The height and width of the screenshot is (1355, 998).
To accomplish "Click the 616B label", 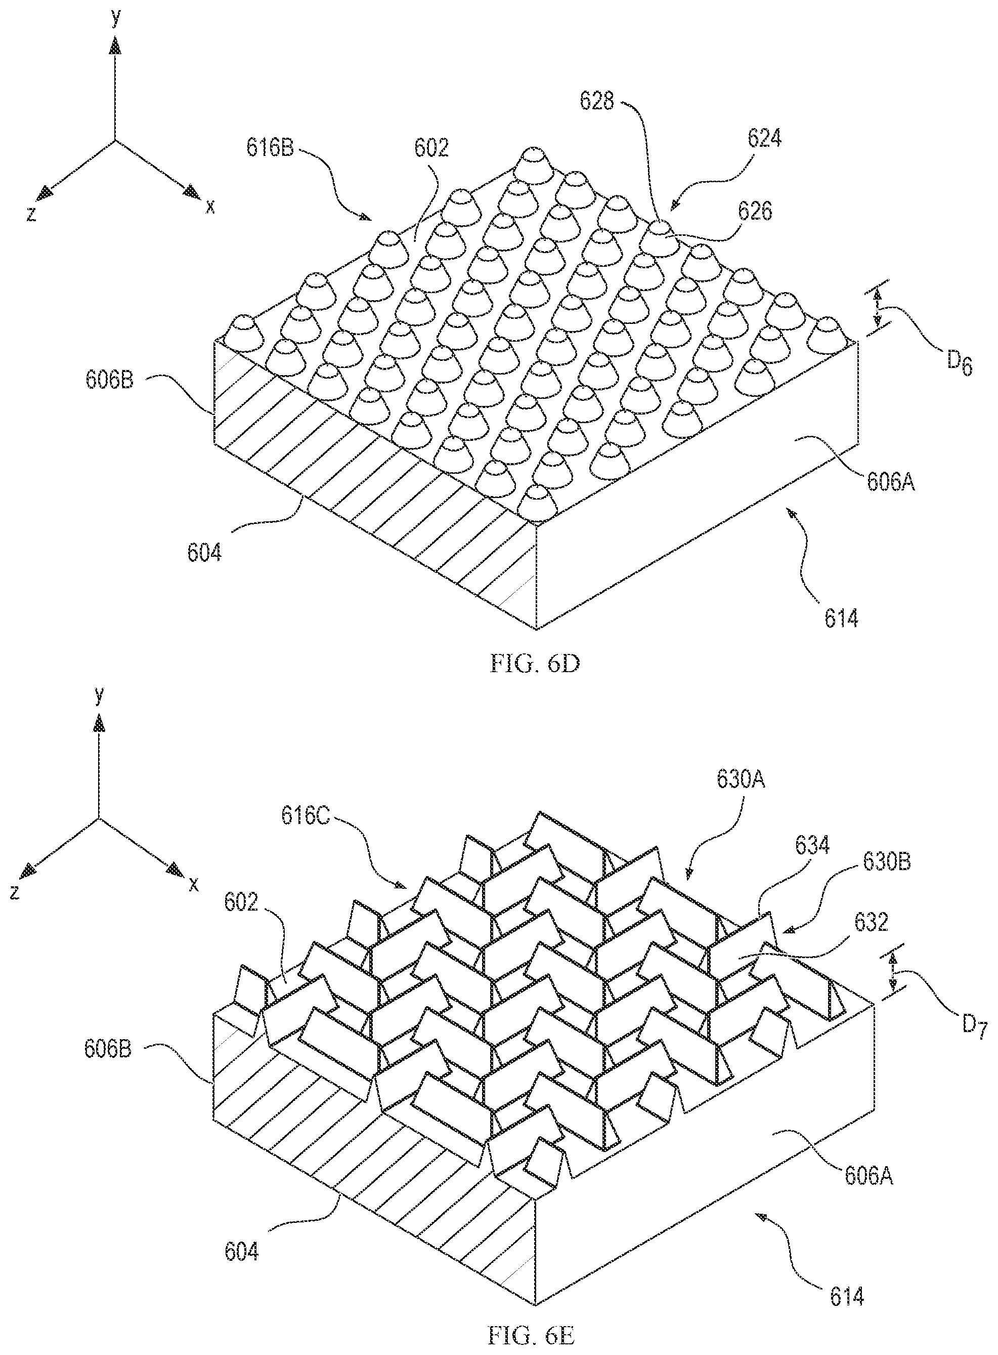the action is point(270,147).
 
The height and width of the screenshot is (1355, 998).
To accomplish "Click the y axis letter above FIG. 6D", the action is point(116,18).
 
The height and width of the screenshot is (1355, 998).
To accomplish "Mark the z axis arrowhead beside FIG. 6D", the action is point(44,193).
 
